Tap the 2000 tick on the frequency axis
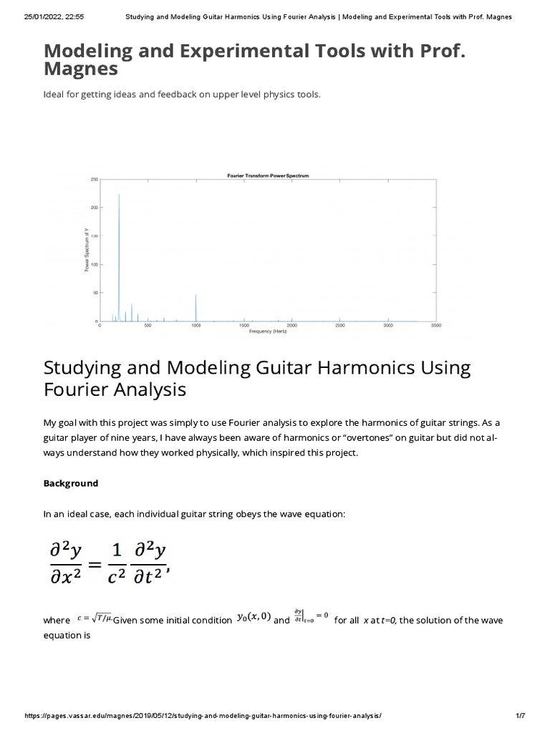coord(292,326)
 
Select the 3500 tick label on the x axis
coord(436,326)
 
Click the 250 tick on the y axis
coord(94,180)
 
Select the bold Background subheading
coord(71,483)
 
